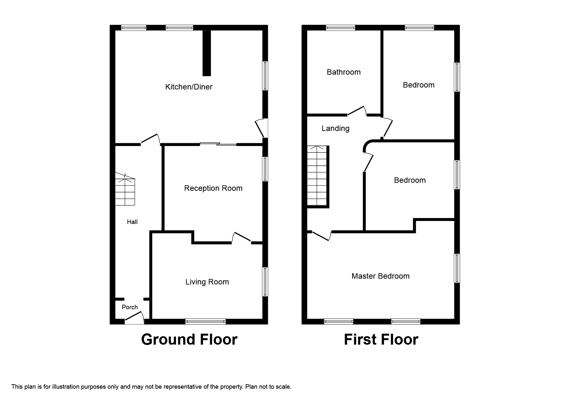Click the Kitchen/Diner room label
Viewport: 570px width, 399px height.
tap(189, 87)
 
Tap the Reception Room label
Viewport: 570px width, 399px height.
tap(213, 188)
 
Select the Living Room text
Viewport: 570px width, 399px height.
tap(207, 282)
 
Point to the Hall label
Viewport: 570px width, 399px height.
tap(132, 222)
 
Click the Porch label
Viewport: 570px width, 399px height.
tap(130, 307)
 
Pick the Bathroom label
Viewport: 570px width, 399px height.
tap(343, 72)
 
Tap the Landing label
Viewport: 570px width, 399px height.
tap(335, 128)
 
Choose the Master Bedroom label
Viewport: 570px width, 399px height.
tap(380, 276)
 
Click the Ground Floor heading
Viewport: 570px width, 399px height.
tap(189, 339)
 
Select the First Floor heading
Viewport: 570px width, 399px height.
tap(381, 339)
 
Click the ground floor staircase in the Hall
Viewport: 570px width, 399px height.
tap(125, 190)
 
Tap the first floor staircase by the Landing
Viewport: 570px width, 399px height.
tap(317, 176)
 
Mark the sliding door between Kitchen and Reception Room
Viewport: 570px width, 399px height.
tap(218, 144)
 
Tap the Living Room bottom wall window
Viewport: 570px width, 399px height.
tap(205, 321)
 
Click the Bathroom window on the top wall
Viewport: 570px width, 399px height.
tap(341, 28)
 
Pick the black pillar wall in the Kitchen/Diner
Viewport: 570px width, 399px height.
tap(207, 53)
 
